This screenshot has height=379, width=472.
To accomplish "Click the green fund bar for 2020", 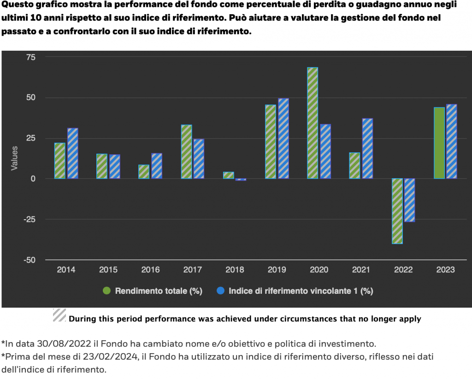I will click(313, 123).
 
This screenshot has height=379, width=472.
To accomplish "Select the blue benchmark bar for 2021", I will click(367, 148).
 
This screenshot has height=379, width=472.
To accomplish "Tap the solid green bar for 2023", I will click(439, 143).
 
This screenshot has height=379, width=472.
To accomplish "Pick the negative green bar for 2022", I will click(397, 211).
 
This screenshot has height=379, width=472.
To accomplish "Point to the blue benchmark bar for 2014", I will click(73, 153).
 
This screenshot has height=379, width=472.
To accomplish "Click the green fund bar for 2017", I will click(186, 152).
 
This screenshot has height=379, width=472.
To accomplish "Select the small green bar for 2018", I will click(228, 175).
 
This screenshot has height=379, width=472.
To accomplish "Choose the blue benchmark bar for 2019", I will click(283, 138).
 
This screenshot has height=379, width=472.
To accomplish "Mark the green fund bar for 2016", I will click(144, 172).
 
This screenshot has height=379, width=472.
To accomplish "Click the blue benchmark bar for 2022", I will click(410, 200).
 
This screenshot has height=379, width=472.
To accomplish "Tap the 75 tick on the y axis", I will click(30, 57).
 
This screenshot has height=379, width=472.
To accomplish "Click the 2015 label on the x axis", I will click(108, 270).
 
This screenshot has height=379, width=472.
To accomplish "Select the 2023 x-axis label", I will click(445, 270).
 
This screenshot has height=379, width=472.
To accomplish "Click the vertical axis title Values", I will click(14, 158).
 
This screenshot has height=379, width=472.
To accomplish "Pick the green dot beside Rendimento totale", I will click(106, 291).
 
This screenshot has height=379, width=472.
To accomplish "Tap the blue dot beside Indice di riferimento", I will click(220, 291).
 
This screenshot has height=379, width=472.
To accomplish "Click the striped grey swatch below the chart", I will click(59, 315).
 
